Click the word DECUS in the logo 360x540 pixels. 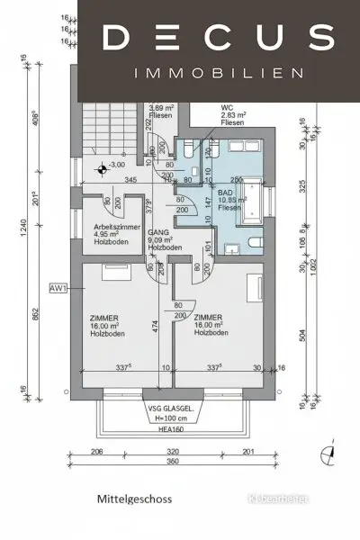218,37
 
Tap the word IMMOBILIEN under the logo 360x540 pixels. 218,73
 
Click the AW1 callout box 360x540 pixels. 60,290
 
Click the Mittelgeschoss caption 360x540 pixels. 135,498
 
